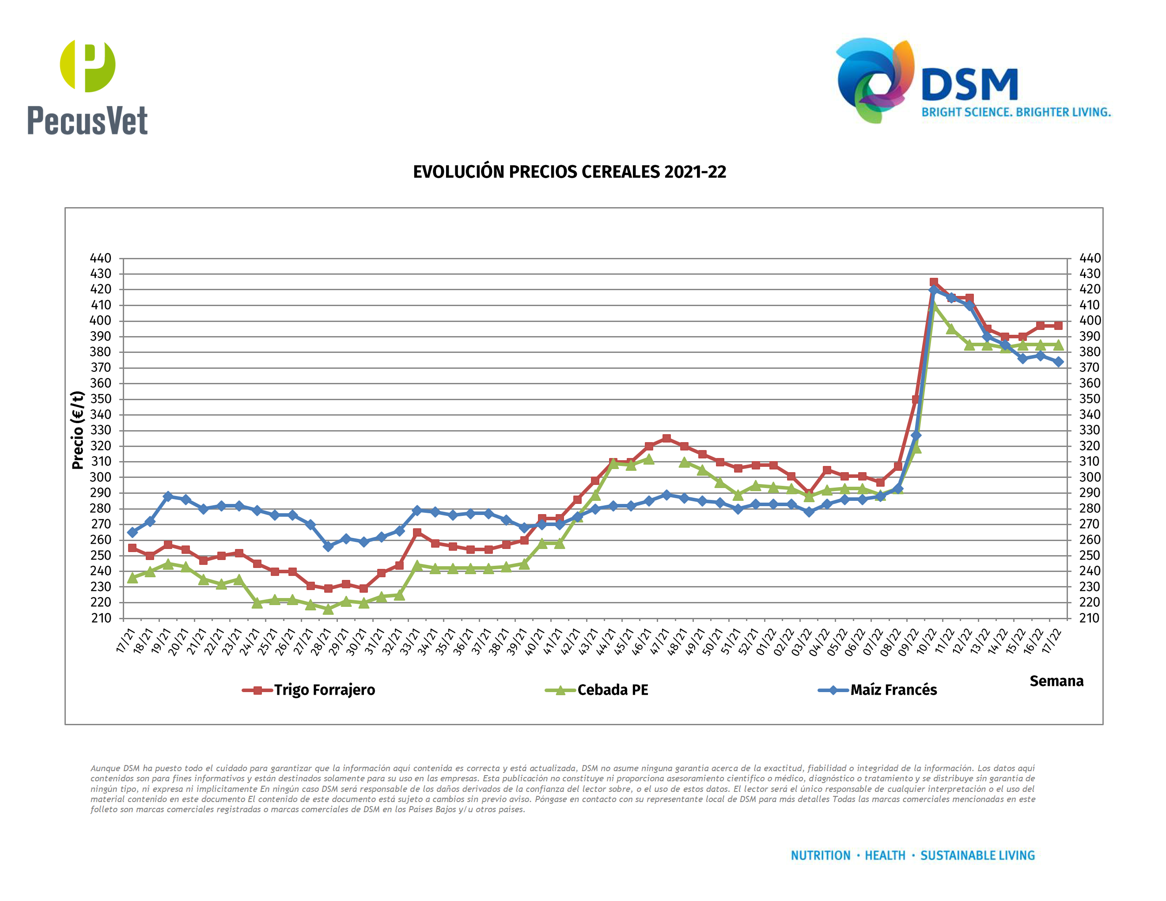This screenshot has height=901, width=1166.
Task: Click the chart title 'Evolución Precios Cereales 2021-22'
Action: [569, 172]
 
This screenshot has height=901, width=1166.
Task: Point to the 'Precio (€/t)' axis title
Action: [78, 430]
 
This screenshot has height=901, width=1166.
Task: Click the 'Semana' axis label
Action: [1056, 681]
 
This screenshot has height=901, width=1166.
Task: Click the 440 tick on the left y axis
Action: [100, 258]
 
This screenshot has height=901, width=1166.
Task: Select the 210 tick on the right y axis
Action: [1090, 618]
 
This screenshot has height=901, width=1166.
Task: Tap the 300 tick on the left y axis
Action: [100, 477]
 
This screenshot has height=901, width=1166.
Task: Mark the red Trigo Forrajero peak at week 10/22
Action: [934, 282]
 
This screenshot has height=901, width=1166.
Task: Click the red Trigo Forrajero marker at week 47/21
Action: [666, 438]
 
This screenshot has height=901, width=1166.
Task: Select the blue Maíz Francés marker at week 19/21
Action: [168, 496]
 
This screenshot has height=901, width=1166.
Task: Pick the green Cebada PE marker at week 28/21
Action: [328, 609]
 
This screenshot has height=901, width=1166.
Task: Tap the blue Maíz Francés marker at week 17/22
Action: [1058, 362]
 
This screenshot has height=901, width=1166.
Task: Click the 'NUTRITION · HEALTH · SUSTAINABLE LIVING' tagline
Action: [912, 856]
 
